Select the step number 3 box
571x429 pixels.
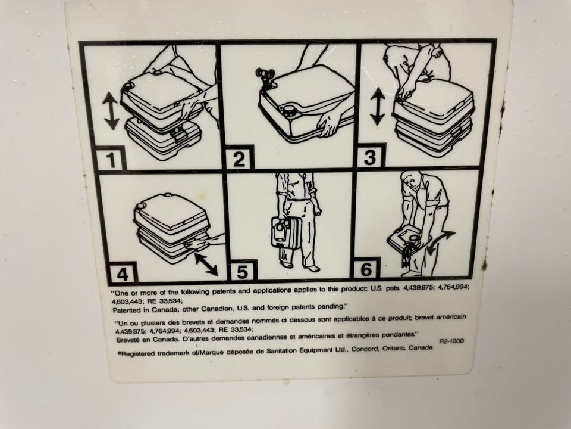pyautogui.click(x=369, y=156)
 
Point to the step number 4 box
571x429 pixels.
pyautogui.click(x=122, y=273)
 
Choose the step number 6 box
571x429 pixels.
pyautogui.click(x=366, y=269)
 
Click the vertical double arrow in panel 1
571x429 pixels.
pyautogui.click(x=111, y=111)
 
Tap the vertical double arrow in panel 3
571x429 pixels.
pyautogui.click(x=377, y=106)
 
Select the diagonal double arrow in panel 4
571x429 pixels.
pyautogui.click(x=206, y=264)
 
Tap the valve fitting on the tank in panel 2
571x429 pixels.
pyautogui.click(x=265, y=77)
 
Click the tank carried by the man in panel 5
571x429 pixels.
pyautogui.click(x=285, y=232)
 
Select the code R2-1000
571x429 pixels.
pyautogui.click(x=451, y=341)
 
